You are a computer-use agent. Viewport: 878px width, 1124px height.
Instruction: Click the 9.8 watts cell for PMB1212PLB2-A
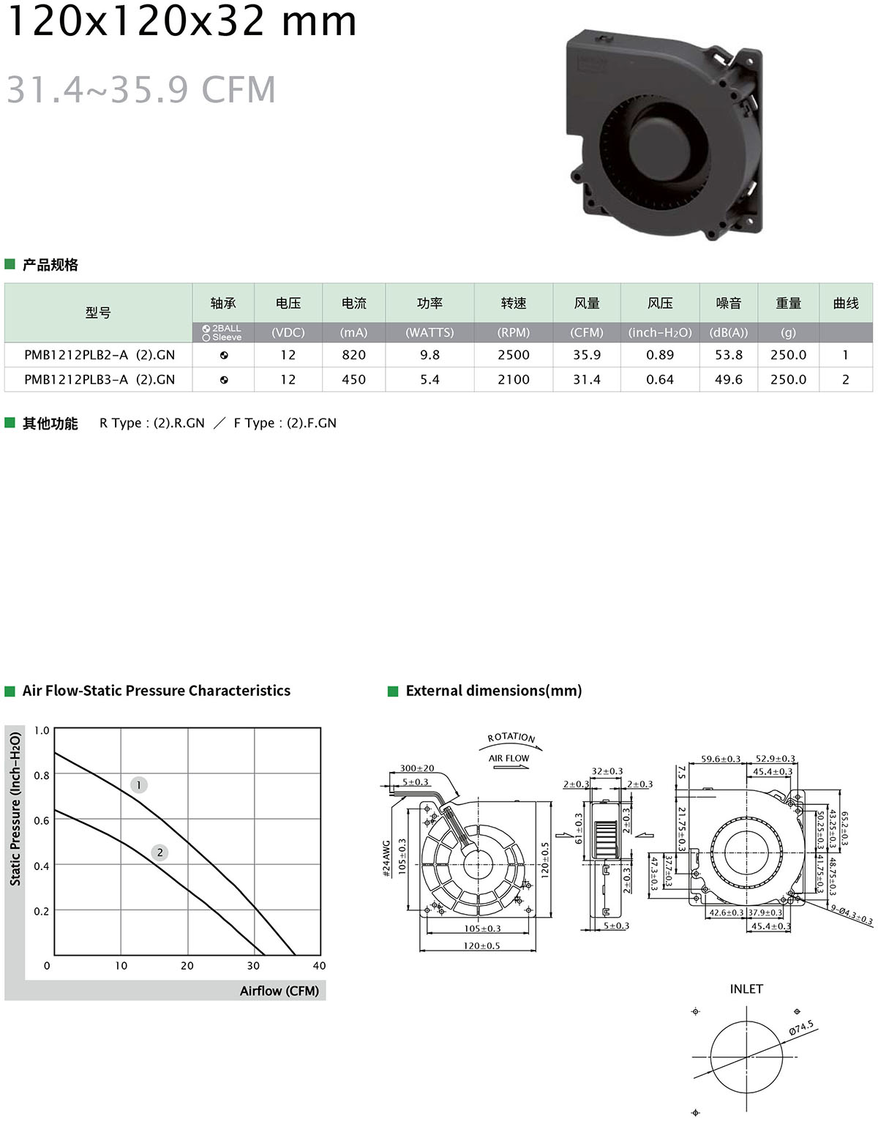429,355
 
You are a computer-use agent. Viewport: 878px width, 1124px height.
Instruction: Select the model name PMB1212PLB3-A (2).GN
100,380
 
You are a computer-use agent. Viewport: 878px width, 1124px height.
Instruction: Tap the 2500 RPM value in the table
514,355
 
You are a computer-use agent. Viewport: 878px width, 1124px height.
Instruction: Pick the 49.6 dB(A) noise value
729,380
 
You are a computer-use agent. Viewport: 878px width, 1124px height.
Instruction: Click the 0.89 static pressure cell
660,355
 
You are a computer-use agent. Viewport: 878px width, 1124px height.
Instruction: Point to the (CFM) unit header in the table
587,332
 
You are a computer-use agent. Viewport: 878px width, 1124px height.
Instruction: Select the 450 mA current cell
354,380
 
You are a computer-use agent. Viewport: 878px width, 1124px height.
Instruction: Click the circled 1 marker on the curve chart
139,785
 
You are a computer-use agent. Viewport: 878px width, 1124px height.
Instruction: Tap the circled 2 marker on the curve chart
160,853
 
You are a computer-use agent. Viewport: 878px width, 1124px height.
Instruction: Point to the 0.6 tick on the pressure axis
42,821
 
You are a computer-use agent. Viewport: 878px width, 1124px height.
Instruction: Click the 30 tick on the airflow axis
253,966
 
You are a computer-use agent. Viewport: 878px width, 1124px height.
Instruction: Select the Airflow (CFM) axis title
279,991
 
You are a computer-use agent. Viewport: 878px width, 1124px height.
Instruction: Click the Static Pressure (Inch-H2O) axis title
15,809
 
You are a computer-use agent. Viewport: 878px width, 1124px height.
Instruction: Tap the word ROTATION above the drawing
511,738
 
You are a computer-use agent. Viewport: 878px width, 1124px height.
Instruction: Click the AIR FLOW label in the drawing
509,758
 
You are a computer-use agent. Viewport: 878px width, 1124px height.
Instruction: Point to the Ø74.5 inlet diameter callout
801,1028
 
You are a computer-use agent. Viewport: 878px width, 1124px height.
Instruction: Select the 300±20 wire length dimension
417,768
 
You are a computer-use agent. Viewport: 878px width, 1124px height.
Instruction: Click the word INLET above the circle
746,989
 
